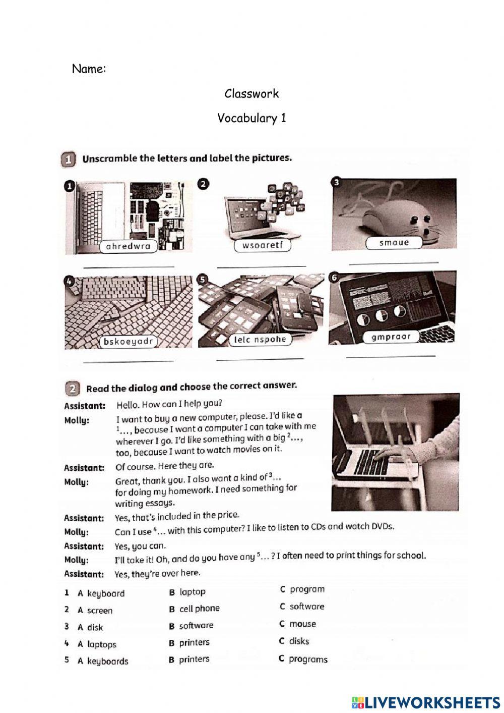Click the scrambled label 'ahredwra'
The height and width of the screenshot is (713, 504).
(129, 247)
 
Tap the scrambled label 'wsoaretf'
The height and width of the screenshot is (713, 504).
(263, 246)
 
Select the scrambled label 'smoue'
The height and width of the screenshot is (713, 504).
(394, 243)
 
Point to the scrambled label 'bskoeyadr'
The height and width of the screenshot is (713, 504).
(128, 342)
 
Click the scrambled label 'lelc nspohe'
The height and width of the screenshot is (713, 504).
(261, 340)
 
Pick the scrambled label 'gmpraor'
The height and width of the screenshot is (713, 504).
(391, 337)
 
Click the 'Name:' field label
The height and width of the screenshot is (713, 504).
(89, 69)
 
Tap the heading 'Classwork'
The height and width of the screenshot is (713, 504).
(251, 94)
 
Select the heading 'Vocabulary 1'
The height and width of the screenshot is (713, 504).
(251, 118)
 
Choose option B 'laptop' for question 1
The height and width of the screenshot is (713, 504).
(192, 592)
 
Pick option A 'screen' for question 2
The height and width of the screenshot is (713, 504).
(99, 611)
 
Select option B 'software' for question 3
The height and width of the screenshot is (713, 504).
(196, 626)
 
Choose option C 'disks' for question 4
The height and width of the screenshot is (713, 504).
(298, 641)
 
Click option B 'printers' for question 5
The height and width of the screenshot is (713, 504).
(194, 659)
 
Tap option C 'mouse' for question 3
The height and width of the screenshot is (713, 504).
(302, 624)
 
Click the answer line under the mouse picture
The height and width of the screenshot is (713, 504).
(394, 262)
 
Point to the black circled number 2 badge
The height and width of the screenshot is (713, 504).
(203, 185)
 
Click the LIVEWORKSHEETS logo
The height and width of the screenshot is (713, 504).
(425, 702)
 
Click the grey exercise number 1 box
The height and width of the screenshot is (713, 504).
(68, 159)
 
